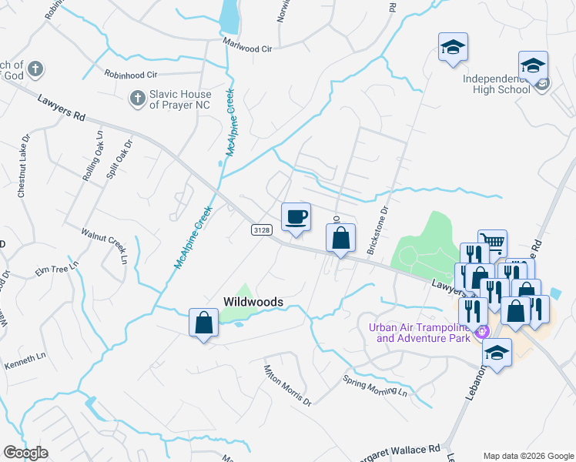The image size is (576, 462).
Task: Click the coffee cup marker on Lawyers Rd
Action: click(x=296, y=216)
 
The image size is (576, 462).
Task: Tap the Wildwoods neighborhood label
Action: click(x=253, y=302)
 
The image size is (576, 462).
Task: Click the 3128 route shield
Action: click(x=261, y=230)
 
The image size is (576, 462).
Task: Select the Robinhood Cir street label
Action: click(x=131, y=75)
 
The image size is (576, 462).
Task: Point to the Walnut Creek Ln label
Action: click(x=105, y=245)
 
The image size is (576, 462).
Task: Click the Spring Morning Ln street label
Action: click(x=375, y=386)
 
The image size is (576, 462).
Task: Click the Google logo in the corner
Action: click(x=25, y=453)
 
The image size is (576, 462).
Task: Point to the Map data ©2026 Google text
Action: click(x=527, y=456)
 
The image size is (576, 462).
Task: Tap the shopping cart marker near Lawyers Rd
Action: click(x=492, y=243)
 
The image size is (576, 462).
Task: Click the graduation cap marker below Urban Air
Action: click(x=497, y=353)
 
